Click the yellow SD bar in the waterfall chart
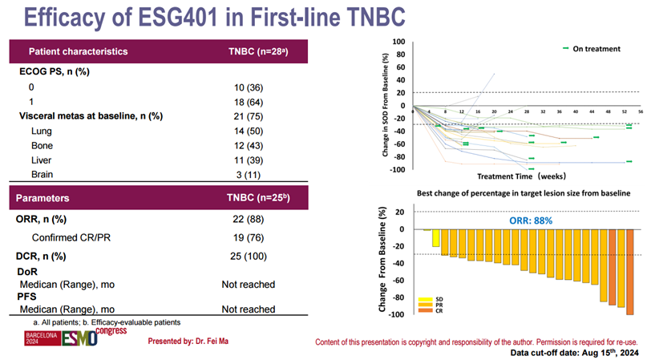pyautogui.click(x=435, y=238)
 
